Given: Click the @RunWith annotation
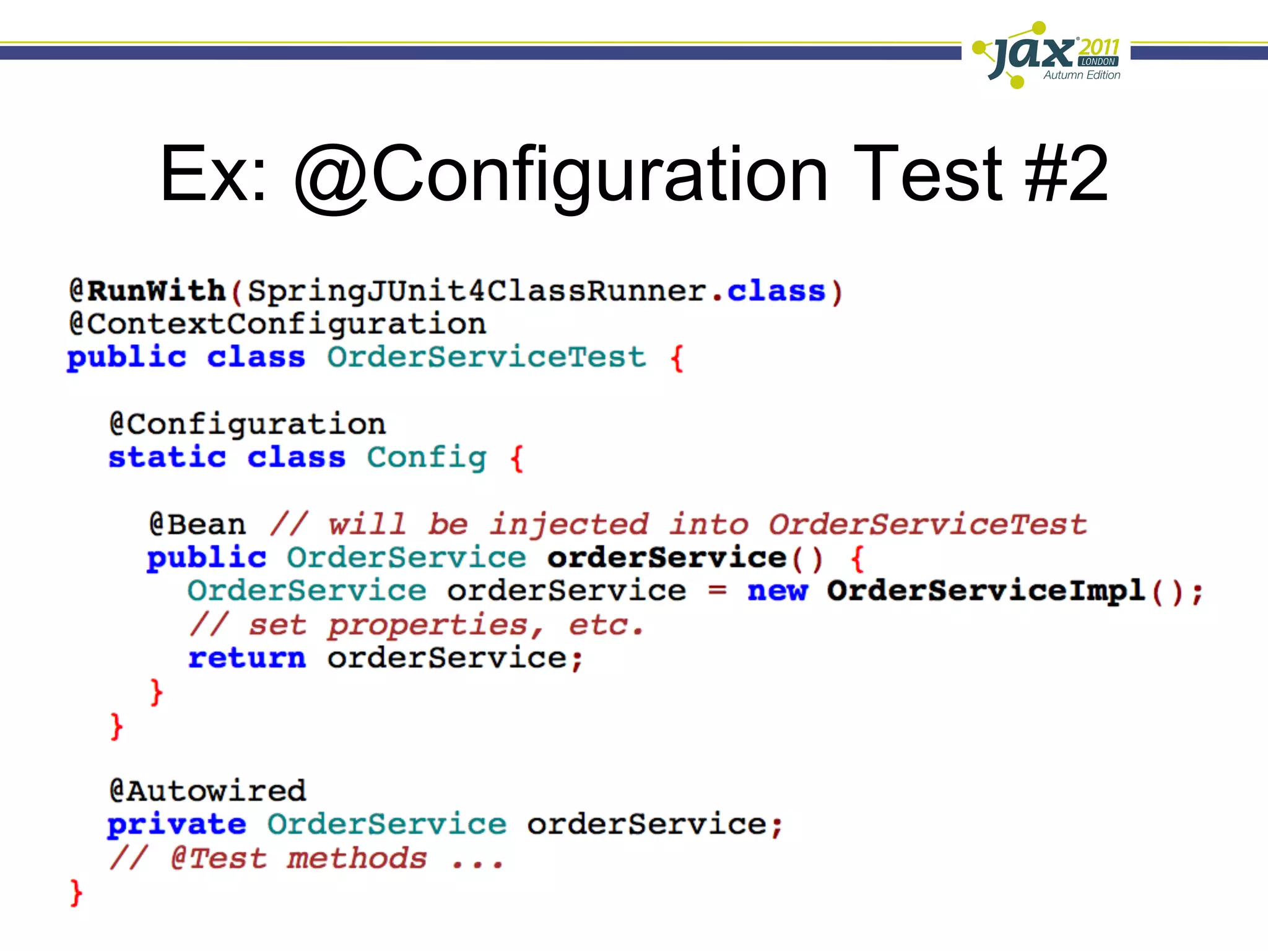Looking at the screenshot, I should [147, 291].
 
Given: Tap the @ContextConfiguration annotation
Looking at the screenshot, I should [277, 324].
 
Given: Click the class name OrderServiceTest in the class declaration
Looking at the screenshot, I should [487, 357].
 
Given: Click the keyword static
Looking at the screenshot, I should [167, 458].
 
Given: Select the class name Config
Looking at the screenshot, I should [427, 458].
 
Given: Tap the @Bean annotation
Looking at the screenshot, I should [198, 524].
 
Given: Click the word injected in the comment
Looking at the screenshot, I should [568, 524].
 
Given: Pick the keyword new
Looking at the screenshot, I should [778, 591].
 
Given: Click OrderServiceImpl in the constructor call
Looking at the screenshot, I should [986, 591].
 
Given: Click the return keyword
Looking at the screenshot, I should [247, 658].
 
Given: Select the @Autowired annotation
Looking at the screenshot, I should [207, 791].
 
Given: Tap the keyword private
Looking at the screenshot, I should [177, 825].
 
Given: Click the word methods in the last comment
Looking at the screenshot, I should [357, 859].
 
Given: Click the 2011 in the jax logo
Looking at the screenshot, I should [1099, 47].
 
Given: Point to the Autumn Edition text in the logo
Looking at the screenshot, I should [1082, 75].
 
